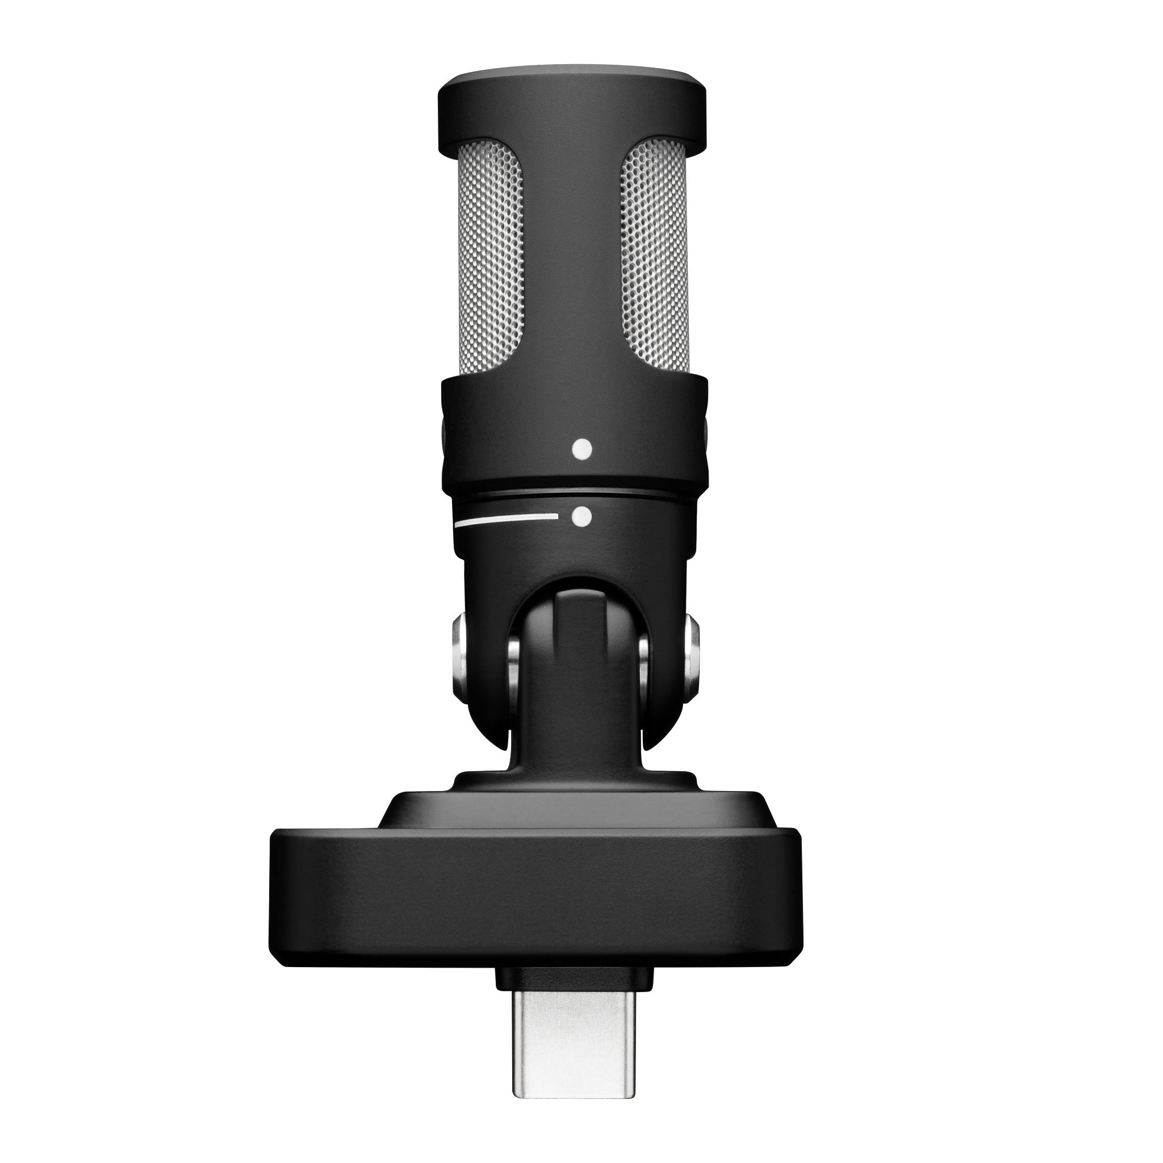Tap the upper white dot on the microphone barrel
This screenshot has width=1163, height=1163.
[582, 449]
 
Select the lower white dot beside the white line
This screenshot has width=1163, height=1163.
[581, 517]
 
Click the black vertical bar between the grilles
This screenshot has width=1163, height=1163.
[572, 253]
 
